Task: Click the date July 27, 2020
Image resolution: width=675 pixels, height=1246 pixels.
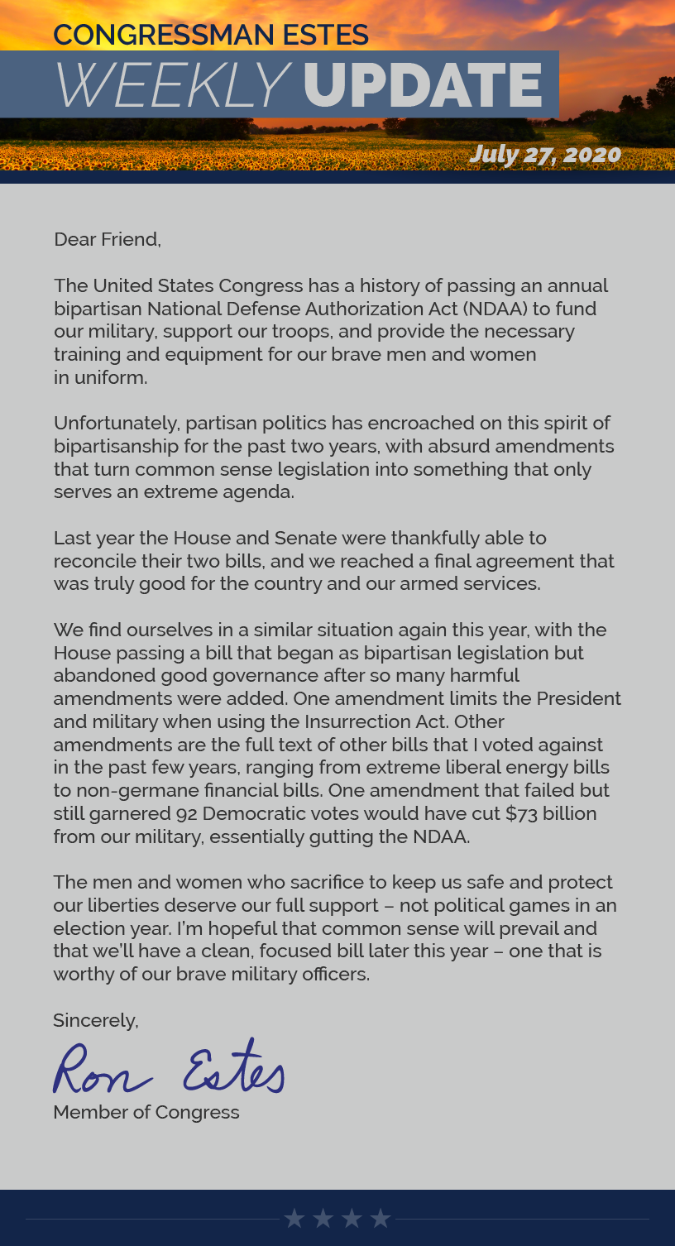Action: [x=544, y=154]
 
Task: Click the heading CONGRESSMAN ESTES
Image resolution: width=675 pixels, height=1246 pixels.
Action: [x=211, y=35]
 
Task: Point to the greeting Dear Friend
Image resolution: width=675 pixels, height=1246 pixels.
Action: [x=107, y=240]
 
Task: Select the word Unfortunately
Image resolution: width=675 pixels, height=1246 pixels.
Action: [x=117, y=424]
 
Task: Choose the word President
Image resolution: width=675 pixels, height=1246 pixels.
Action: [x=578, y=698]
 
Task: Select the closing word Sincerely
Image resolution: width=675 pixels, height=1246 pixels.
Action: [x=94, y=1021]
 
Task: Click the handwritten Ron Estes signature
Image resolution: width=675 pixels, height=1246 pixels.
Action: [x=169, y=1068]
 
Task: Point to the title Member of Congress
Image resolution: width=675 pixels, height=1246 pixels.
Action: [x=146, y=1112]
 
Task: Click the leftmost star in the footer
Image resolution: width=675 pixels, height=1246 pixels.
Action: [x=294, y=1218]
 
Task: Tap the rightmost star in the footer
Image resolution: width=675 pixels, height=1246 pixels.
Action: [x=381, y=1218]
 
